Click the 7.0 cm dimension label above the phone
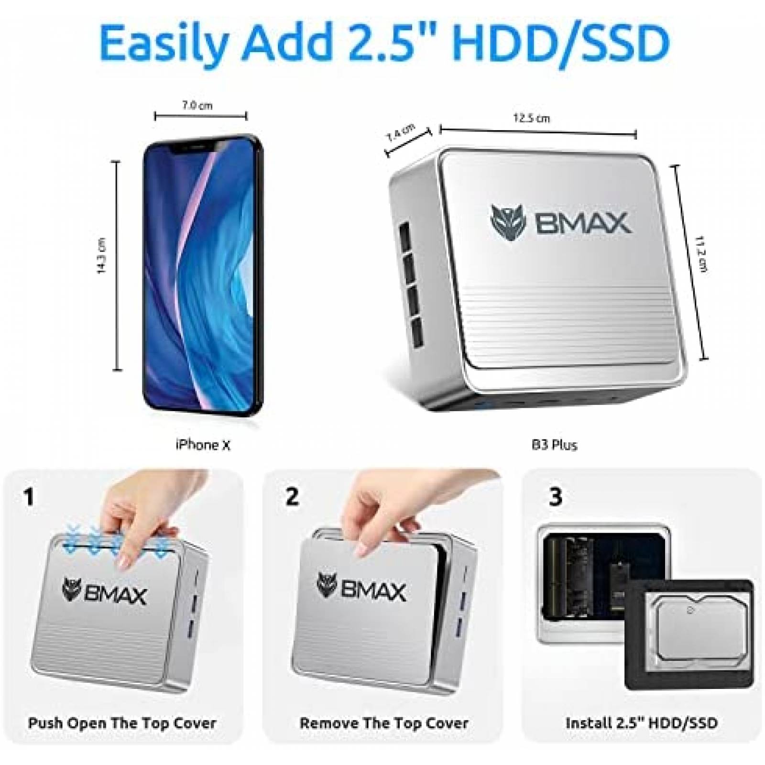(197, 106)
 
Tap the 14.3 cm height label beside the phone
(102, 262)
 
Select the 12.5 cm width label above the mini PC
(532, 118)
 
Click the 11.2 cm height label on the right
(702, 261)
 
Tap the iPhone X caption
(203, 445)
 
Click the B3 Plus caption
(555, 445)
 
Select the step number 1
(29, 497)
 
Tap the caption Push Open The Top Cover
(122, 722)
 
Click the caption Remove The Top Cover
(384, 722)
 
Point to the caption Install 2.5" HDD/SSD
(642, 722)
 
